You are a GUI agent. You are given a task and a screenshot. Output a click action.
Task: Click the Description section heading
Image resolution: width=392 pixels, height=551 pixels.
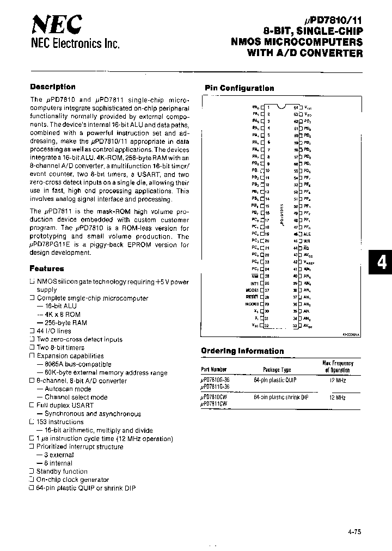tap(53, 87)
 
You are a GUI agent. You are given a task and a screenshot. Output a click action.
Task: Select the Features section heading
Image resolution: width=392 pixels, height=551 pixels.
tap(47, 268)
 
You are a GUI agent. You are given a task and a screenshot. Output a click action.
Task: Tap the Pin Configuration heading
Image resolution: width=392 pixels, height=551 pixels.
tap(239, 88)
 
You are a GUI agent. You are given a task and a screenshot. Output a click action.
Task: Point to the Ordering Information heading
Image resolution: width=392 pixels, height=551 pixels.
tap(242, 351)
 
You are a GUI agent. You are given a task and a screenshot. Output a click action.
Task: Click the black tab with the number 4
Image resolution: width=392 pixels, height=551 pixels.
tap(382, 263)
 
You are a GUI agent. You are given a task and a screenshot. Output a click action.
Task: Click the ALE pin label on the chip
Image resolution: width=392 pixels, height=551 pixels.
tap(307, 234)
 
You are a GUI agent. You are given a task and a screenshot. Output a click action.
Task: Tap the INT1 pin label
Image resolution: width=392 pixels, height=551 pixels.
tap(255, 283)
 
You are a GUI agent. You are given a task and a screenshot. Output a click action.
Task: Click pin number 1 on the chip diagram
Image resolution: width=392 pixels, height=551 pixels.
tap(268, 107)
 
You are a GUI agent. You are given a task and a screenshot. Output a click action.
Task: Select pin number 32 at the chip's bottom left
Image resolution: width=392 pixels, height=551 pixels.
tap(267, 326)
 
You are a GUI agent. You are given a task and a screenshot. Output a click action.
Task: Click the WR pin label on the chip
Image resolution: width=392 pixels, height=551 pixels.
tap(307, 241)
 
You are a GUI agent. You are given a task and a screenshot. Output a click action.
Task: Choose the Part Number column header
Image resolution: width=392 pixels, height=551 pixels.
tap(215, 369)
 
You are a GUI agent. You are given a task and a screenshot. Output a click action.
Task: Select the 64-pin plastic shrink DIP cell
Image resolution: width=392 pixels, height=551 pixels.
tap(280, 397)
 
